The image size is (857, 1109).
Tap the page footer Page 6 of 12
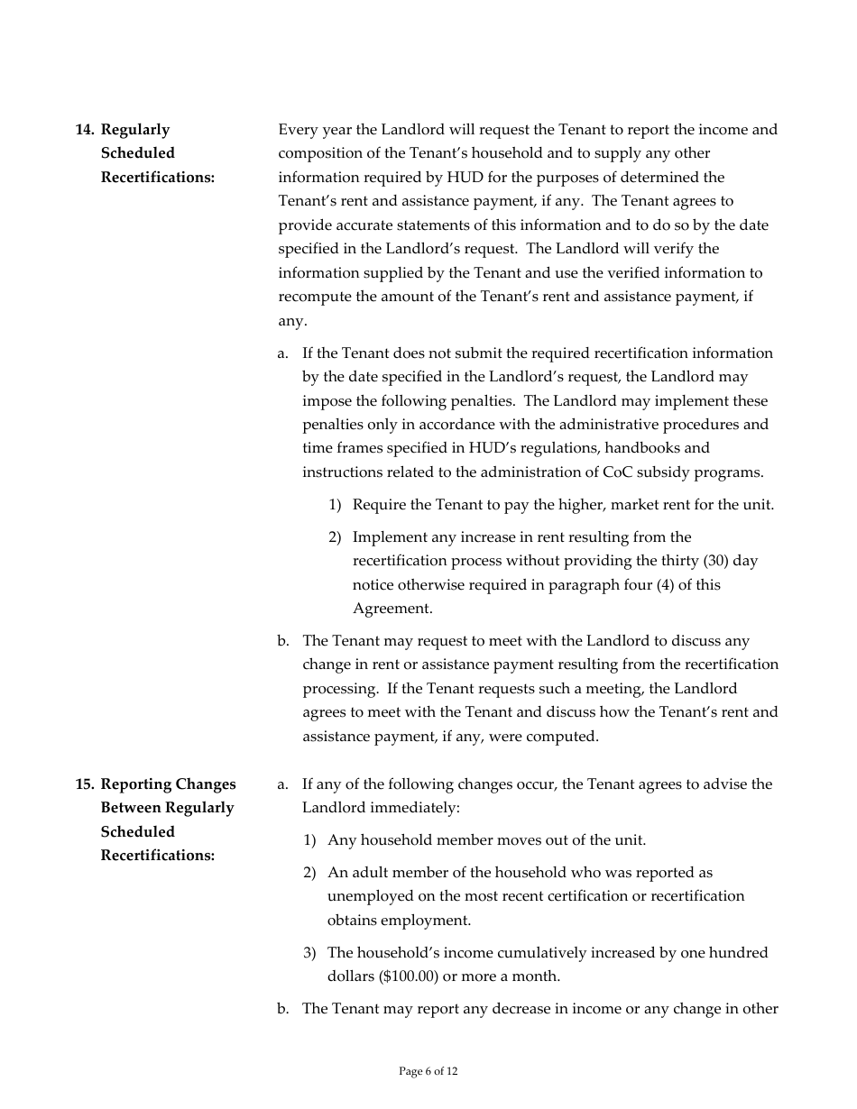428,1071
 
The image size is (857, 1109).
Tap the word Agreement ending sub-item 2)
392,609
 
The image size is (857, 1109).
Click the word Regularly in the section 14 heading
135,130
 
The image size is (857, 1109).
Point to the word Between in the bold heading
134,808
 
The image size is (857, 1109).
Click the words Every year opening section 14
314,130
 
